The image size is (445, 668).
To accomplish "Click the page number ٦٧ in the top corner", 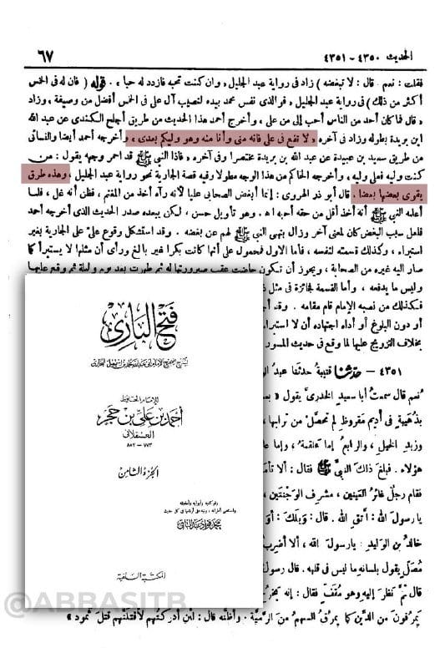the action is pos(38,60).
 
